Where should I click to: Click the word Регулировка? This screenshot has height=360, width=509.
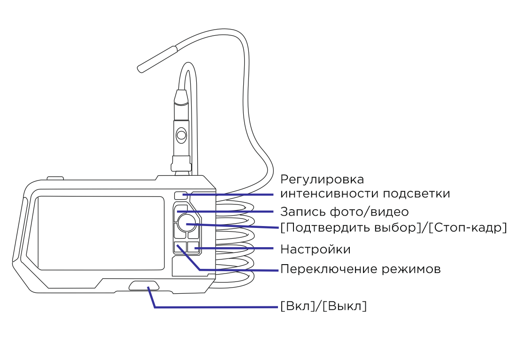(322, 180)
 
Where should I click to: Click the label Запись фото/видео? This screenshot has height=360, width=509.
(344, 211)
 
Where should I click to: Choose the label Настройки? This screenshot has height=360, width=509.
(315, 249)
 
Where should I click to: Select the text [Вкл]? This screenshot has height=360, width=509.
(296, 306)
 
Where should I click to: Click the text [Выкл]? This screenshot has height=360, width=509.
(347, 306)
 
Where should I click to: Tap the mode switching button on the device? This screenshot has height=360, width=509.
(179, 248)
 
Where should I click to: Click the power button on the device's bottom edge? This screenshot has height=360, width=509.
(144, 285)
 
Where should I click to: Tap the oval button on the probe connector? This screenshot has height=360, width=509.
(181, 136)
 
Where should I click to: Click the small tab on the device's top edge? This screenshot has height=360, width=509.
(55, 178)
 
